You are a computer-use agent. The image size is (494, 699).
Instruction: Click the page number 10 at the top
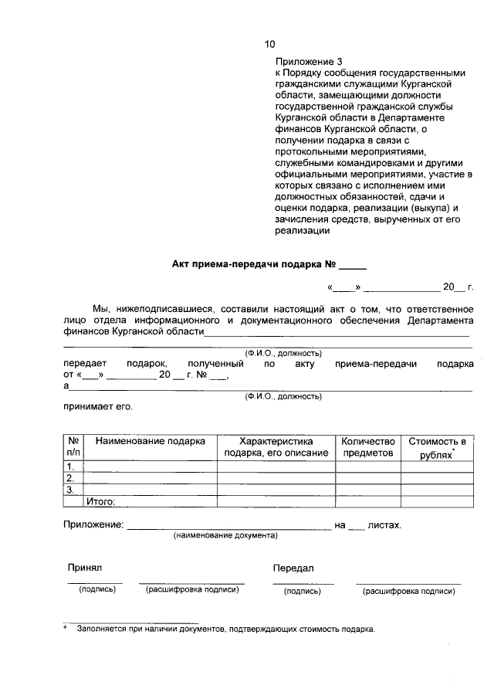point(269,44)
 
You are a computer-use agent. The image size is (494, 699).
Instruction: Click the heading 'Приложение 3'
point(308,61)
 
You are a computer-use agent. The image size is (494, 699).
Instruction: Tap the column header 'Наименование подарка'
point(150,441)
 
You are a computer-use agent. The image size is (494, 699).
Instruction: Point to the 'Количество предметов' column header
point(368,446)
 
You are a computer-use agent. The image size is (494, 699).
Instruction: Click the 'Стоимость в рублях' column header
point(437,447)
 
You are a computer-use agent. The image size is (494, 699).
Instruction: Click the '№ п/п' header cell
point(73,446)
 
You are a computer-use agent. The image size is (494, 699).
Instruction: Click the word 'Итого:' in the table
point(101,502)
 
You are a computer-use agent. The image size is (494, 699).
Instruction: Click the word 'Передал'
point(293,568)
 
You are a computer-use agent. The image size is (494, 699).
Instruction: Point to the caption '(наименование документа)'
point(225,534)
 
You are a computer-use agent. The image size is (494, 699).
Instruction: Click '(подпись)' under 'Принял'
point(96,590)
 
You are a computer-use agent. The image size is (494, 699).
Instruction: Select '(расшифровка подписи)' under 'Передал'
point(408,591)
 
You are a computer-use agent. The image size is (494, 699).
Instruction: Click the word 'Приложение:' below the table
point(93,524)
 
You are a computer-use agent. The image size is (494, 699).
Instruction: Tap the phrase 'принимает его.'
point(98,406)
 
